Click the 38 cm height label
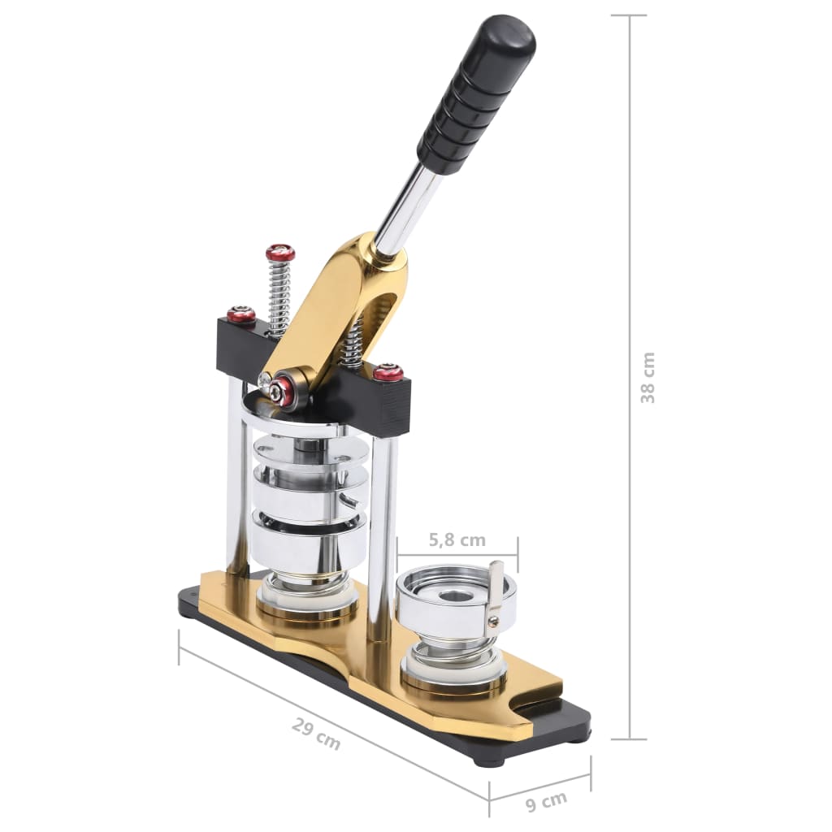(648, 378)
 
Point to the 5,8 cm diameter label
(457, 539)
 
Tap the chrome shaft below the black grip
(406, 208)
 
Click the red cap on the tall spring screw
(280, 253)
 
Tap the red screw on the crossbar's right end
(388, 373)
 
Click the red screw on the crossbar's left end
(241, 315)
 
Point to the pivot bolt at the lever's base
(283, 390)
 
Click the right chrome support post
(380, 528)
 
